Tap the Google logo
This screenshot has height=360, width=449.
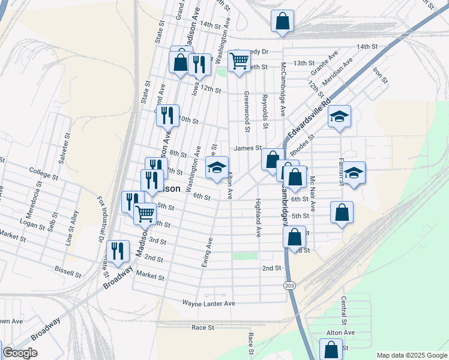[20, 353]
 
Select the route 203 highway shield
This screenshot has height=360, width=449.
[290, 284]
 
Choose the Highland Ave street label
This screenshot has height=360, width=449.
[258, 217]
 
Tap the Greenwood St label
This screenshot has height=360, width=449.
[246, 111]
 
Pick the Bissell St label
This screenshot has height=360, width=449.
[68, 273]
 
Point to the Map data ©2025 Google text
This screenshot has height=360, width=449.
[411, 355]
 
